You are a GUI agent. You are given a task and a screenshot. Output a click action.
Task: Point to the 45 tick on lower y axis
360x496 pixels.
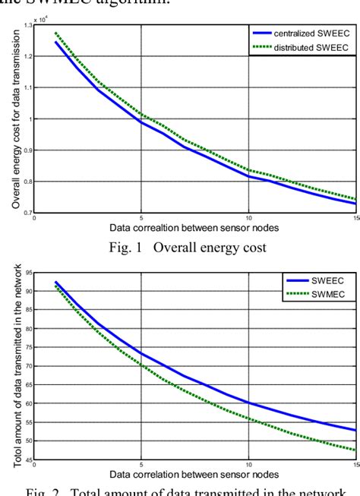click(27, 459)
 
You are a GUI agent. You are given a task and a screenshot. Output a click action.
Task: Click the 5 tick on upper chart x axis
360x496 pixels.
click(141, 217)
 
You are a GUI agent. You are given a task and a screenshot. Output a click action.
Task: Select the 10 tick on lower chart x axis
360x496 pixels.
click(248, 463)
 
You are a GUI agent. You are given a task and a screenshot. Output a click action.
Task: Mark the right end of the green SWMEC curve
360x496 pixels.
click(356, 449)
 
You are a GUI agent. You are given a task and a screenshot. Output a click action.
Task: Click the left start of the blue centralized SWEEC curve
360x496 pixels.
click(55, 42)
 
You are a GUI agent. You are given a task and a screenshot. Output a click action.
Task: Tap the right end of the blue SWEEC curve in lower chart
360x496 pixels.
click(356, 430)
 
